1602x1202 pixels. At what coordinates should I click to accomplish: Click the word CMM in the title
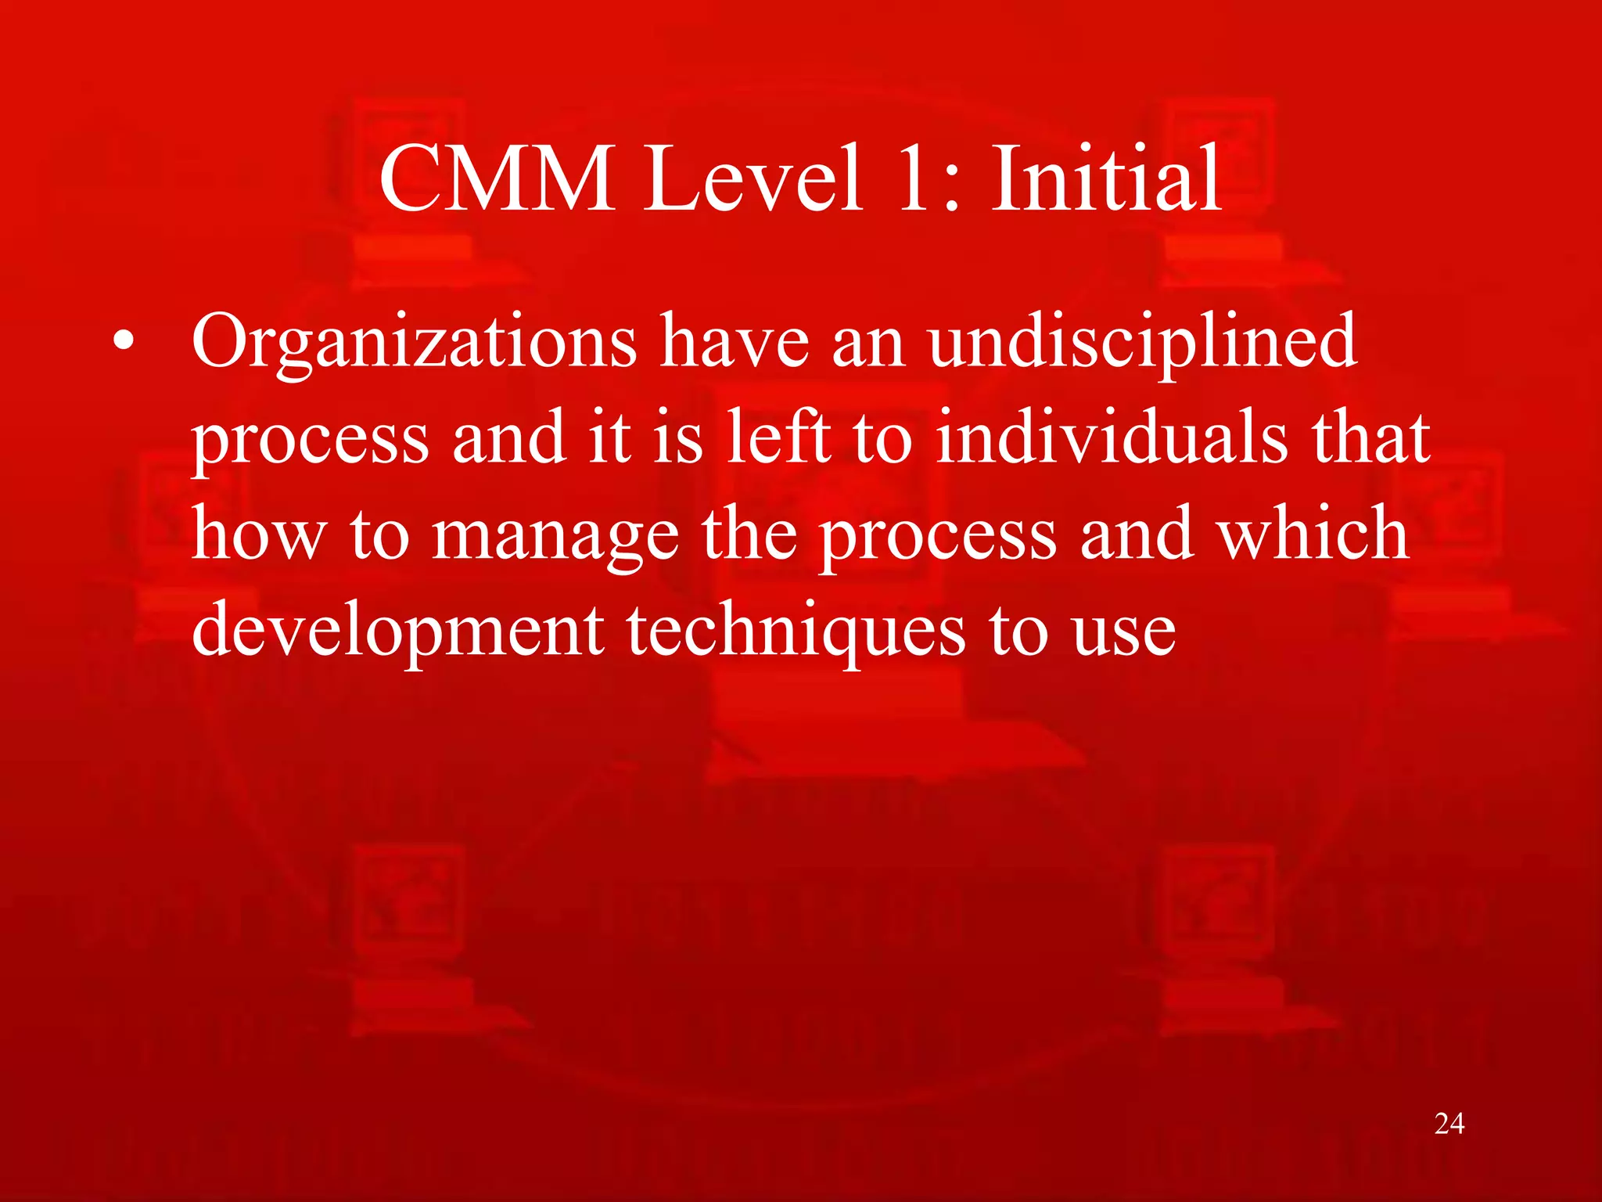(497, 179)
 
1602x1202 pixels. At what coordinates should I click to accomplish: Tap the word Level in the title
(753, 179)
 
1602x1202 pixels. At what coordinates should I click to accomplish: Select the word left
(778, 437)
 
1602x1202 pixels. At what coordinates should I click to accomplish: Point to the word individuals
(1112, 437)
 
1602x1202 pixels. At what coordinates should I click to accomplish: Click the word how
(258, 534)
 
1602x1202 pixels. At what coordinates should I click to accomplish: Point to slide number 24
(1449, 1124)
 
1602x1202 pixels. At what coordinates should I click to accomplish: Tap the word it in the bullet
(609, 437)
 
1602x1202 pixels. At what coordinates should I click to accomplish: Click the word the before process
(749, 534)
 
